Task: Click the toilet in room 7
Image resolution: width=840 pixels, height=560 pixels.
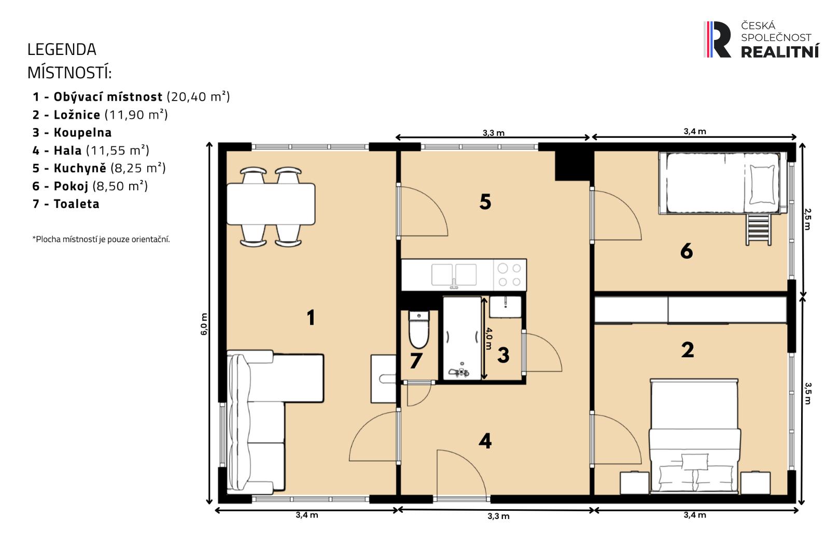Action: [418, 330]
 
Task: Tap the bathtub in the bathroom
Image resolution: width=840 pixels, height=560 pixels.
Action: [461, 339]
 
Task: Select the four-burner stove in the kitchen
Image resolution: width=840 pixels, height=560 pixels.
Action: [509, 275]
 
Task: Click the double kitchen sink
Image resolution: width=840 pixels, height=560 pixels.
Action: [454, 275]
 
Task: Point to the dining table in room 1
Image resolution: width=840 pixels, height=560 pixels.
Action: [271, 204]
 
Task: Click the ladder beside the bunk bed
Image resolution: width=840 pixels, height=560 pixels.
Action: [758, 229]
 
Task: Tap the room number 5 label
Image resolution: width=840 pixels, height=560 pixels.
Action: [485, 202]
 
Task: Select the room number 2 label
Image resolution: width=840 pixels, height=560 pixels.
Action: [687, 350]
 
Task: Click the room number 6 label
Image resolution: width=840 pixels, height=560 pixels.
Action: [686, 251]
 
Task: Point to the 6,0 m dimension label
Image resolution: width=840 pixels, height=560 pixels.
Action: [204, 324]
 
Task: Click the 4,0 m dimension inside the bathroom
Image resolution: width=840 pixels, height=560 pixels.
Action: [488, 338]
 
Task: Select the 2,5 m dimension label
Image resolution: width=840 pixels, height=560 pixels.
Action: [807, 218]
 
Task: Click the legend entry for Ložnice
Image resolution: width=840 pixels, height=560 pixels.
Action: [100, 115]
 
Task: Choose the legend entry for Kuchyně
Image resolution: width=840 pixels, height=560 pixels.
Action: [99, 168]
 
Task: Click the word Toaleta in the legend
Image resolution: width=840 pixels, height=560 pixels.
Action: [76, 204]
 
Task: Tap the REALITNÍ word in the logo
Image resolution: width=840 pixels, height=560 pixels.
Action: [779, 51]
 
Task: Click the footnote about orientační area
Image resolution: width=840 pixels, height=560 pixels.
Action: [101, 239]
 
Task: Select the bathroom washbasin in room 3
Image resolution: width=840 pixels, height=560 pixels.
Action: [505, 306]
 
